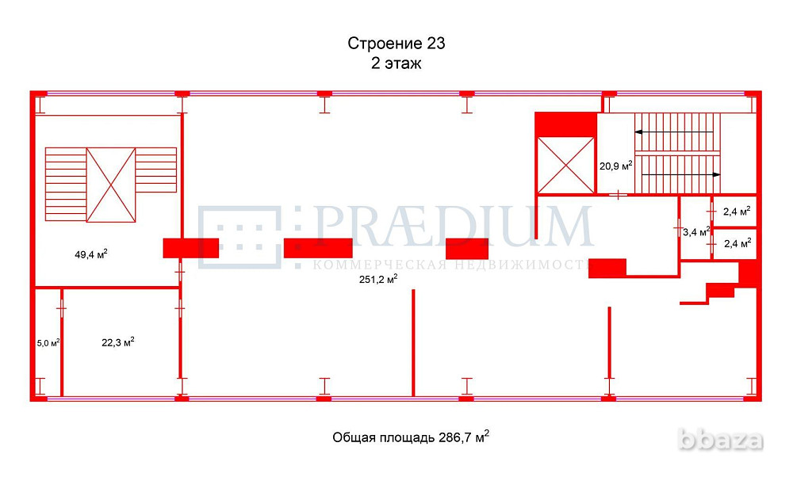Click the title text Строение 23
pyautogui.click(x=396, y=43)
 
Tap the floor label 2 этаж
pyautogui.click(x=396, y=64)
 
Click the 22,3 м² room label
pyautogui.click(x=117, y=342)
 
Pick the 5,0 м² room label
pyautogui.click(x=48, y=343)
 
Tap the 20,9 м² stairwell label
pyautogui.click(x=615, y=166)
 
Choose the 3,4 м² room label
pyautogui.click(x=695, y=232)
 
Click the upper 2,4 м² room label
pyautogui.click(x=736, y=212)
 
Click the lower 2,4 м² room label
pyautogui.click(x=737, y=243)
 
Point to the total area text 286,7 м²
pyautogui.click(x=410, y=437)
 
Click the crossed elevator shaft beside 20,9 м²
pyautogui.click(x=565, y=164)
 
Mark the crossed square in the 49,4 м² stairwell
pyautogui.click(x=111, y=185)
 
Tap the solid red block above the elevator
pyautogui.click(x=565, y=124)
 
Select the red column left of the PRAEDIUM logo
pyautogui.click(x=190, y=248)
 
